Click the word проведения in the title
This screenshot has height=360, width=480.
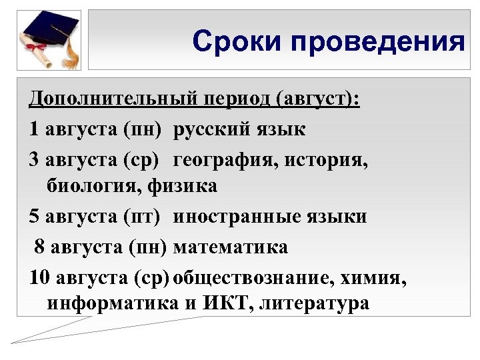(x=373, y=42)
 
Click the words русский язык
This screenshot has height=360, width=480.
(x=240, y=129)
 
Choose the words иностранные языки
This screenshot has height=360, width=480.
(x=270, y=217)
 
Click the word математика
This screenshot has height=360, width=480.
(x=231, y=247)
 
